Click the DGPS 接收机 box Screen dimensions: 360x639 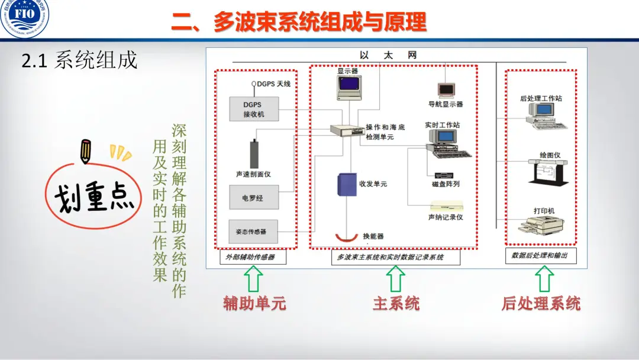pos(253,109)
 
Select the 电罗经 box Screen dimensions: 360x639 pos(253,198)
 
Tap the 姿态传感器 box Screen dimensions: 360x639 pos(253,231)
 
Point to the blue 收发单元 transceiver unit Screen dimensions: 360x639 pos(346,185)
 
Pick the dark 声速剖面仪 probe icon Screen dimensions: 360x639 pos(255,154)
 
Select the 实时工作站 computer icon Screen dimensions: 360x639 pos(448,143)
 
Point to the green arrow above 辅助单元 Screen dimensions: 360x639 pos(254,278)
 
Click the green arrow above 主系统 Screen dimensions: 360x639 pos(395,278)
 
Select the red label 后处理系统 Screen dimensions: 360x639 pos(541,304)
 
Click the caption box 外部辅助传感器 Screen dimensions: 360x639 pos(251,258)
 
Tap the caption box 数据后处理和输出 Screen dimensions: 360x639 pos(541,256)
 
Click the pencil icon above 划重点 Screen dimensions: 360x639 pos(86,151)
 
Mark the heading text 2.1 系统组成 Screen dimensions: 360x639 pos(79,60)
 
